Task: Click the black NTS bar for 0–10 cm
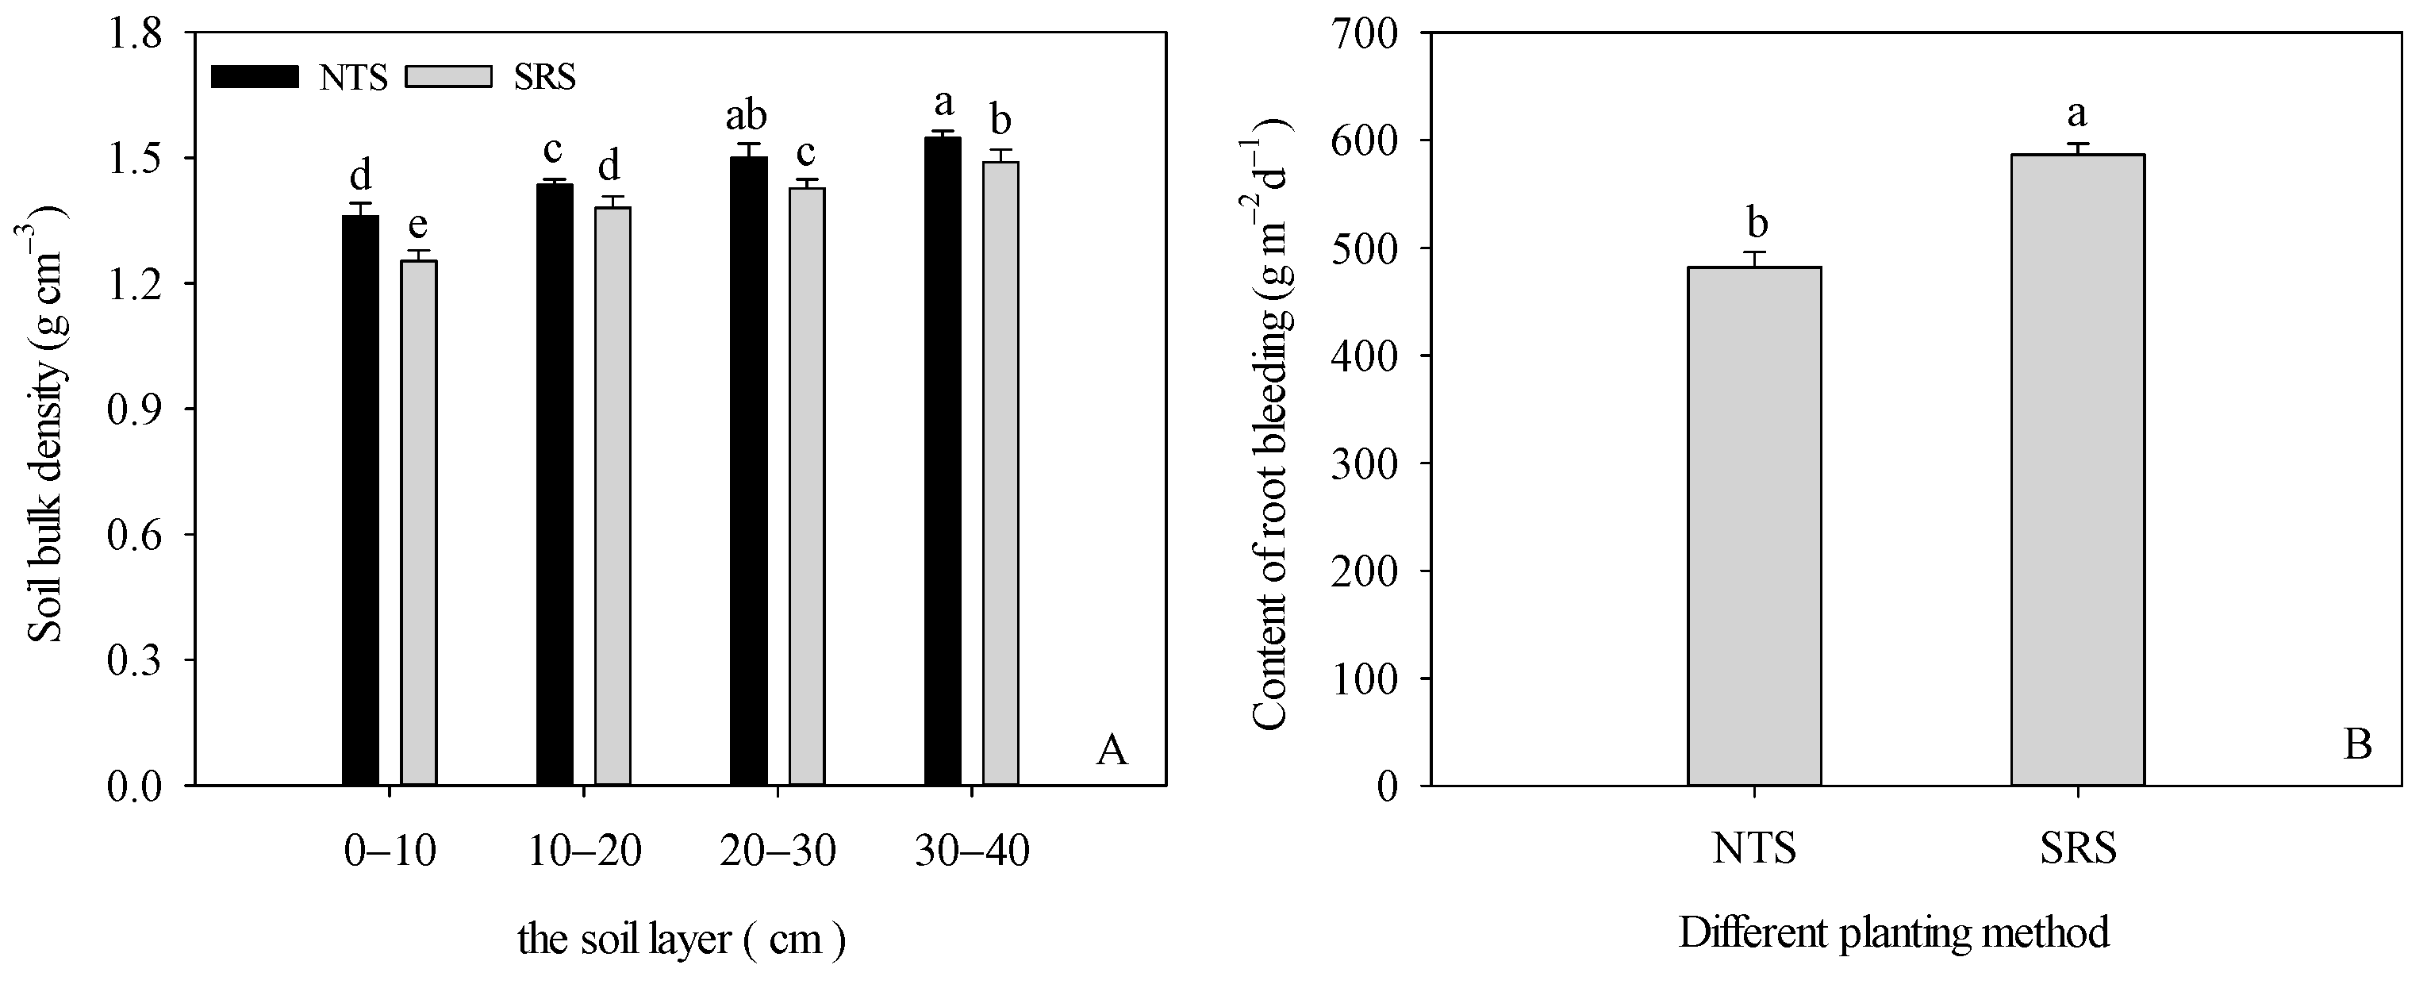(360, 500)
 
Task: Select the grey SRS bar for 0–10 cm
(419, 523)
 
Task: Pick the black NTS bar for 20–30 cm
(749, 471)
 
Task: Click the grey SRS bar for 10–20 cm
(613, 496)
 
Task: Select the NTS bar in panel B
(1754, 526)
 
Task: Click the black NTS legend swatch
(255, 76)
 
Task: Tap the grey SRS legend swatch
(448, 76)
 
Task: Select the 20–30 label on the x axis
(778, 852)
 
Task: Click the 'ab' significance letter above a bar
(746, 116)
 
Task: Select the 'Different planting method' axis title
(1894, 933)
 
